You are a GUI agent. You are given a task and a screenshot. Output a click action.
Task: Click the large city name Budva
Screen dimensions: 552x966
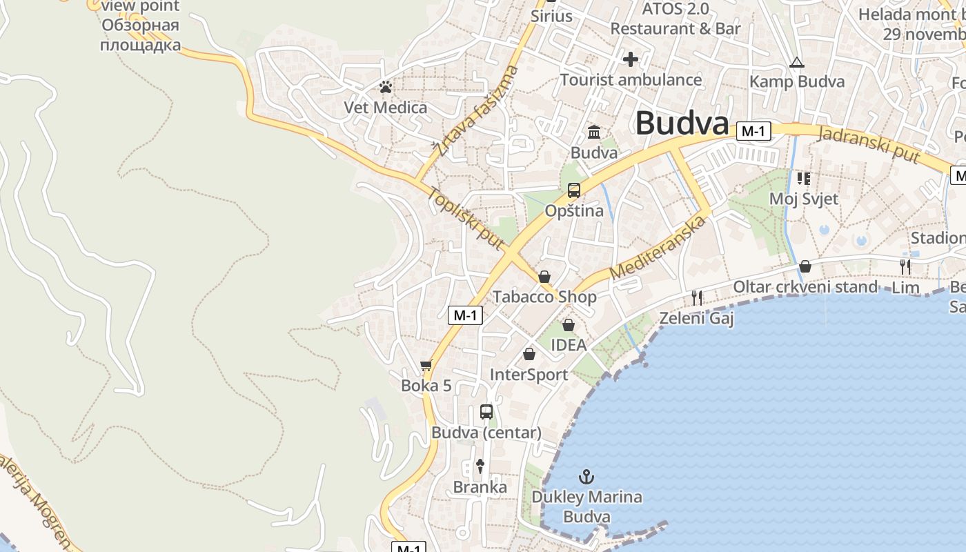[x=682, y=124]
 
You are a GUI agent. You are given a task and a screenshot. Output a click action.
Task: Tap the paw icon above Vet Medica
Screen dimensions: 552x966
[x=386, y=87]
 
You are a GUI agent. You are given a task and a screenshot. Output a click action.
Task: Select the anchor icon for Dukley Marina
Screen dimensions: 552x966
[x=586, y=476]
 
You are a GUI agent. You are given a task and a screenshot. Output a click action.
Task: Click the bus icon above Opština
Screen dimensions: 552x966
[x=573, y=190]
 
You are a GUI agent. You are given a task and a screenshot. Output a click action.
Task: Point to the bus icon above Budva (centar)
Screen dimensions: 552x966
[x=486, y=412]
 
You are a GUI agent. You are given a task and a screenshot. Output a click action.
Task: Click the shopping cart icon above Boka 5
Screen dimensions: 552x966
[x=426, y=366]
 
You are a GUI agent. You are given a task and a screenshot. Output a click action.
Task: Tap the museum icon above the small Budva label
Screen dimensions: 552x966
[x=594, y=132]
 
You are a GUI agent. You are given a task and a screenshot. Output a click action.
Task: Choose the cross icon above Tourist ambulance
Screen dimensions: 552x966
[x=630, y=59]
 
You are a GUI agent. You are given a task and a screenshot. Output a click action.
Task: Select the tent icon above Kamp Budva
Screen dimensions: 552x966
[x=797, y=62]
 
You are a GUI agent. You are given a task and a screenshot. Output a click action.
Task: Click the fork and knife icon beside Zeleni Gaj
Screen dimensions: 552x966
[x=697, y=298]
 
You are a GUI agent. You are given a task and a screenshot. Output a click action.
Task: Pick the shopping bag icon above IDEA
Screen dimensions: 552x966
[x=569, y=324]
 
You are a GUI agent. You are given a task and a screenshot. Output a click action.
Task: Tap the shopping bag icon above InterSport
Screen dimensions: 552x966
[x=529, y=354]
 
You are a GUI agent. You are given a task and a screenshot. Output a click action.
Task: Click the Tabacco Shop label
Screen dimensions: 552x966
[x=544, y=297]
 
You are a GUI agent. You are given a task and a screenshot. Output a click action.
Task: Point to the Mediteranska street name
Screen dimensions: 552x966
[x=659, y=248]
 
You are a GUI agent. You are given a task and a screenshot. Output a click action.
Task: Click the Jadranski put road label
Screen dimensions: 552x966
[x=869, y=144]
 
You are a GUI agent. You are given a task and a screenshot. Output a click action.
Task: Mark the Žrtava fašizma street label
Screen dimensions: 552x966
[x=477, y=111]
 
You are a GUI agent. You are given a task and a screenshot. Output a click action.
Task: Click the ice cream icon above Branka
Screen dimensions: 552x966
[x=481, y=466]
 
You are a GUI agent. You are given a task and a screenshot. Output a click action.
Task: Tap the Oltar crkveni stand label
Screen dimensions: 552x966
[x=805, y=286]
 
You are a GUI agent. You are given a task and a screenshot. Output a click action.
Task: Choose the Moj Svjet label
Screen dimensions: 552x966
[x=804, y=199]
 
